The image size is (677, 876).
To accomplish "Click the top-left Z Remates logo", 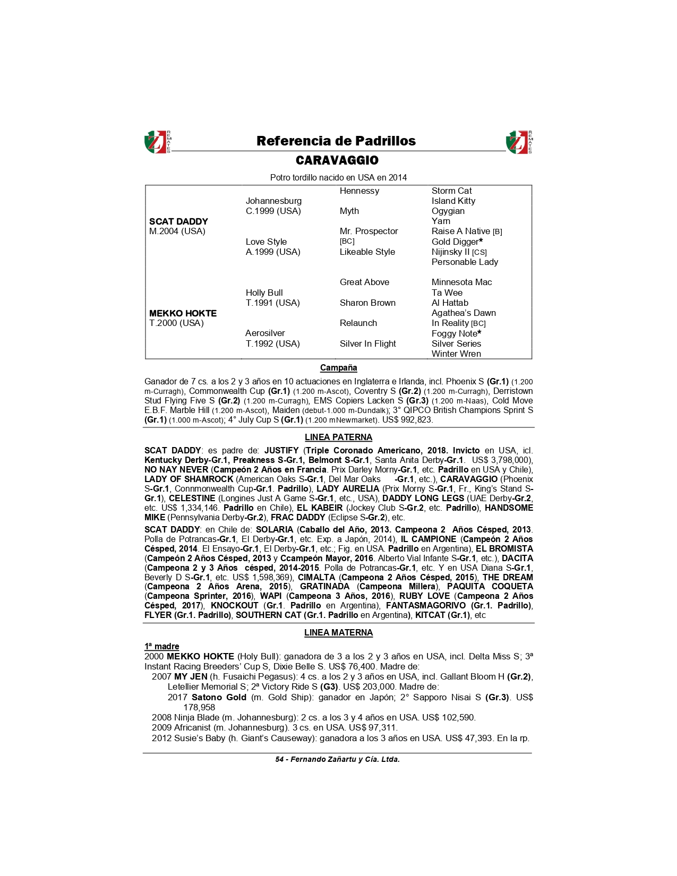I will coord(158,142).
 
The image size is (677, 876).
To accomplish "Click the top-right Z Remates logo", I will coord(519,142).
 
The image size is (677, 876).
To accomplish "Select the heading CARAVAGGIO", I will coord(337,160).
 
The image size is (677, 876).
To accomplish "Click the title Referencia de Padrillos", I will coord(336,141).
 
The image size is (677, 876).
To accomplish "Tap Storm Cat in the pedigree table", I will coord(451,191).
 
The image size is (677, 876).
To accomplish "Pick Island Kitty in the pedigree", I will coord(453,201).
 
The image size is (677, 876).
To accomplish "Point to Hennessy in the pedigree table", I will coord(359,191).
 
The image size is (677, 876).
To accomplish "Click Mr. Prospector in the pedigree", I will coord(369,231).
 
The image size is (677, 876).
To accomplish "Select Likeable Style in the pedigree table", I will coord(367,252).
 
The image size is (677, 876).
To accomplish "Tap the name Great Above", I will coord(364,282).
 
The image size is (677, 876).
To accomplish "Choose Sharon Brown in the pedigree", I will coord(367,303).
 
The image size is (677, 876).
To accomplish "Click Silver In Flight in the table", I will coord(367,343).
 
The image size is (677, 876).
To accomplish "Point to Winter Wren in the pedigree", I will coord(456,354).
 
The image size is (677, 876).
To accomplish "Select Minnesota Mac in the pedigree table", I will coord(461,282).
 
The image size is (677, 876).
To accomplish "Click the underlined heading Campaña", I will coord(338,367).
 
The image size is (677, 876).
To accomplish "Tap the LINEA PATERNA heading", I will coord(338,437).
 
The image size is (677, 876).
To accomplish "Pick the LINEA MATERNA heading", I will coord(338,632).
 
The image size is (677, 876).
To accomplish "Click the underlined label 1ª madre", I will coord(161,646).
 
